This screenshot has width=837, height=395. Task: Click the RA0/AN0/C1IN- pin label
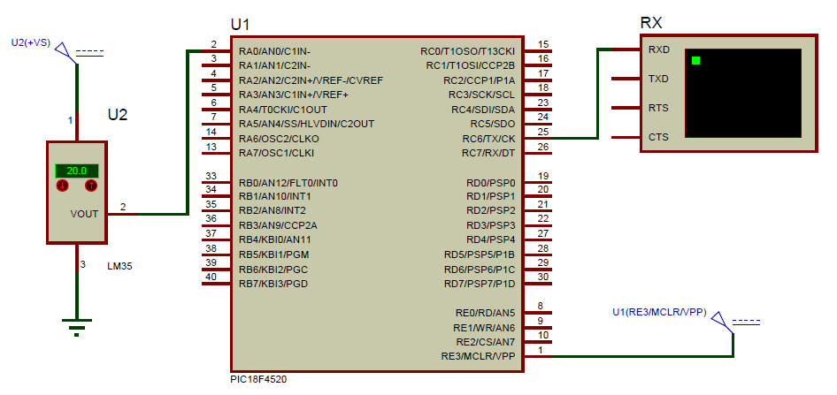click(x=274, y=51)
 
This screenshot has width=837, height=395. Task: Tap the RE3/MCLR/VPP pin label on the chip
click(x=478, y=356)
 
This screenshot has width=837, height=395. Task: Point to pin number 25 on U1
click(x=543, y=131)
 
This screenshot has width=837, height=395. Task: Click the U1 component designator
click(x=240, y=25)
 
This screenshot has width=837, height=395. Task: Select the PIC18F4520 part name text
click(x=257, y=379)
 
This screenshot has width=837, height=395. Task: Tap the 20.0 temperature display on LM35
click(x=76, y=171)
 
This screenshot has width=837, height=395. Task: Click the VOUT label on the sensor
click(x=85, y=214)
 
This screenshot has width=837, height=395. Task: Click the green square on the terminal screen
click(x=696, y=60)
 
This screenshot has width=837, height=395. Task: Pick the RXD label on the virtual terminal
click(x=658, y=49)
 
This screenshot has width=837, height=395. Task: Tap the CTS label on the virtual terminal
click(x=658, y=137)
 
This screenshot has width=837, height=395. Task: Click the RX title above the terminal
click(x=650, y=23)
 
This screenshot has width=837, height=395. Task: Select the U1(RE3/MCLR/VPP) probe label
click(x=658, y=312)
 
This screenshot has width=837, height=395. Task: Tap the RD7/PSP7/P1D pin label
click(x=479, y=283)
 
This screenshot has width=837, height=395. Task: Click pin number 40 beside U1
click(x=211, y=277)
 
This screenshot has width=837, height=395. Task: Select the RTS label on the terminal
click(x=658, y=108)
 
